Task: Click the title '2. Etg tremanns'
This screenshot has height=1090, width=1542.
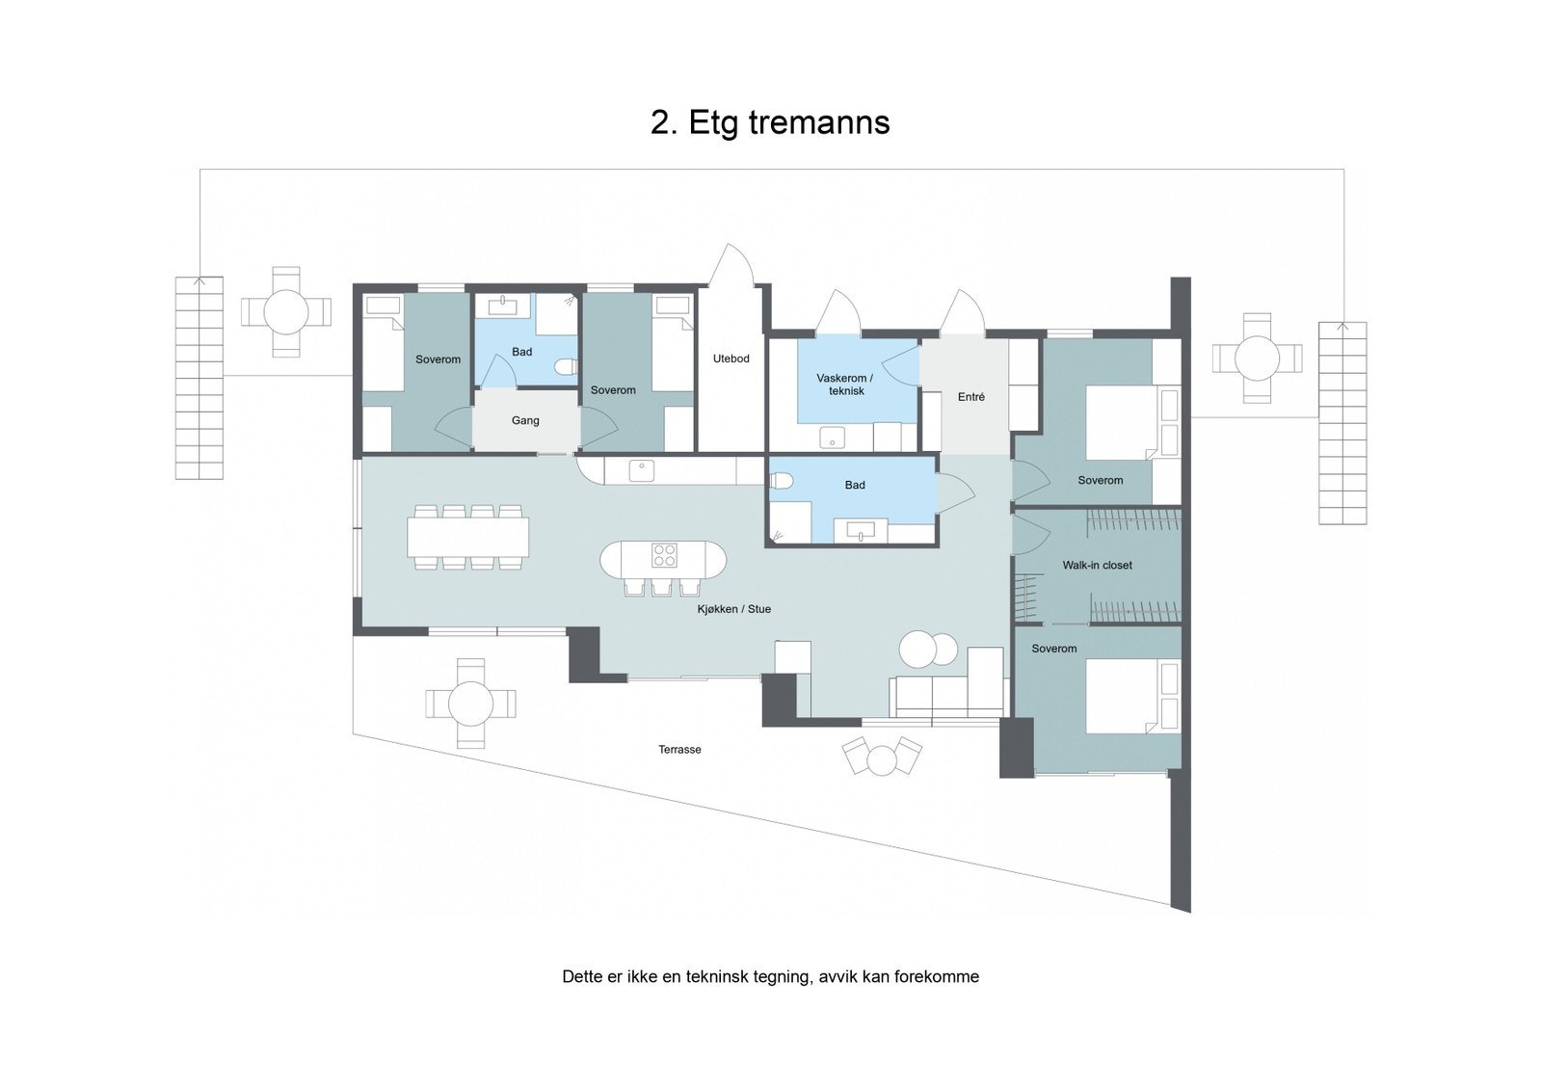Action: (770, 123)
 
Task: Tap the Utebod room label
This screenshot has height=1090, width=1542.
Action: (731, 359)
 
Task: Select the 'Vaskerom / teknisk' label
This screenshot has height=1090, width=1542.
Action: (845, 385)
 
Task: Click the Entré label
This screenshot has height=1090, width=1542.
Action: (970, 397)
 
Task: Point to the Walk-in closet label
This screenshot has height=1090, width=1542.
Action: (1097, 566)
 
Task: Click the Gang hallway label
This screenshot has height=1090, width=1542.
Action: (525, 420)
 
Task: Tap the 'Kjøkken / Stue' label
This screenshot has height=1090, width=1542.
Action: (734, 609)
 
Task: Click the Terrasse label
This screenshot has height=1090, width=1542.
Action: (679, 750)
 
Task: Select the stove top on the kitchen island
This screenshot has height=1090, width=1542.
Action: (665, 556)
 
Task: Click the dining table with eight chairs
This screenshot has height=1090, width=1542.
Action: (468, 537)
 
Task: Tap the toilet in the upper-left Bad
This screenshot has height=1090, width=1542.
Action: (567, 366)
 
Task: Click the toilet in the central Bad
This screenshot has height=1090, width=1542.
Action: (782, 481)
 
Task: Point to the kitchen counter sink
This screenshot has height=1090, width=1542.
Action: (641, 470)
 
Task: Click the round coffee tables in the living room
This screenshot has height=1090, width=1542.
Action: (929, 649)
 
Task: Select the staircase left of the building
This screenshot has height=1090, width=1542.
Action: (199, 378)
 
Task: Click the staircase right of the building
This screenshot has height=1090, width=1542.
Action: (1343, 423)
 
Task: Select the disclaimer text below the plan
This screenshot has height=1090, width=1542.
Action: (770, 976)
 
